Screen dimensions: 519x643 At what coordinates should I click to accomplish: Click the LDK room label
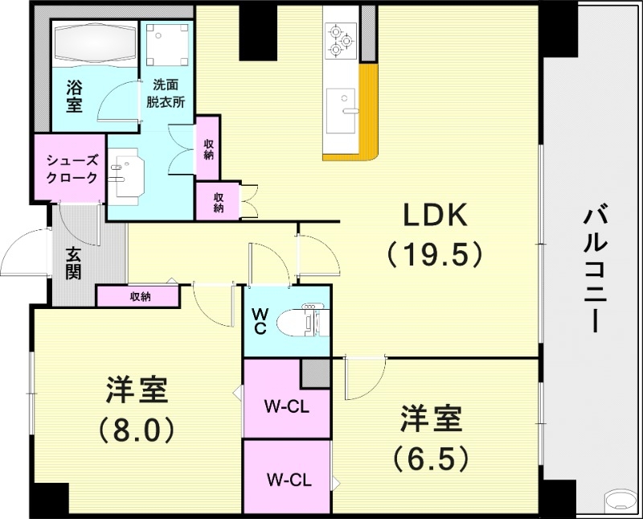[434, 216]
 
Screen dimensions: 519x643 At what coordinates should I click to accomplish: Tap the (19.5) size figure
[434, 254]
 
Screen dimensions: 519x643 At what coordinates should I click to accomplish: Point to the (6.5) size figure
[431, 458]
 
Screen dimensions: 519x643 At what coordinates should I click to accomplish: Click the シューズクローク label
[72, 168]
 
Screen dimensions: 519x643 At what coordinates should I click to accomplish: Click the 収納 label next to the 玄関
[139, 296]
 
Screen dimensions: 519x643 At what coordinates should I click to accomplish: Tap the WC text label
[260, 321]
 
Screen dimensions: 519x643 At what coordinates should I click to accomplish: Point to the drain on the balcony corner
[620, 499]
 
